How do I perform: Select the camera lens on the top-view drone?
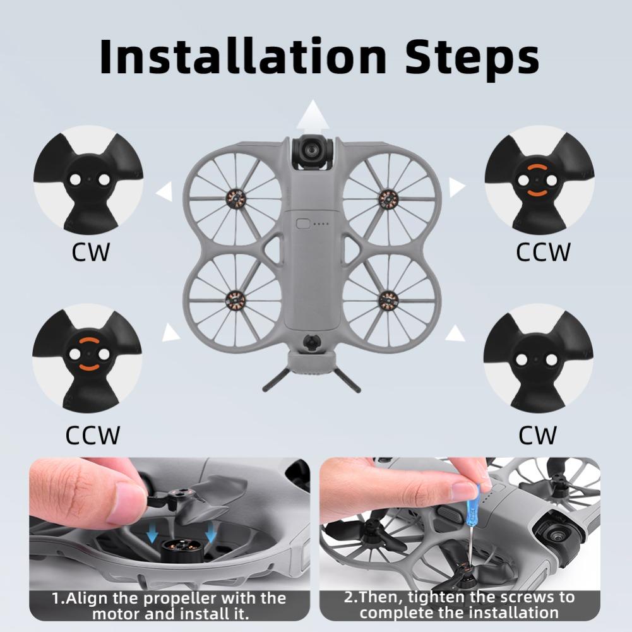pos(311,149)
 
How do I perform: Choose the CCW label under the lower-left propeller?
pos(92,435)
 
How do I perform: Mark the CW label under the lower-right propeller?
pos(538,435)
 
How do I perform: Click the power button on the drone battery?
pos(303,223)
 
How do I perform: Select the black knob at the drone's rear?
pos(311,342)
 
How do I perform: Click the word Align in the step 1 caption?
pos(88,598)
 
